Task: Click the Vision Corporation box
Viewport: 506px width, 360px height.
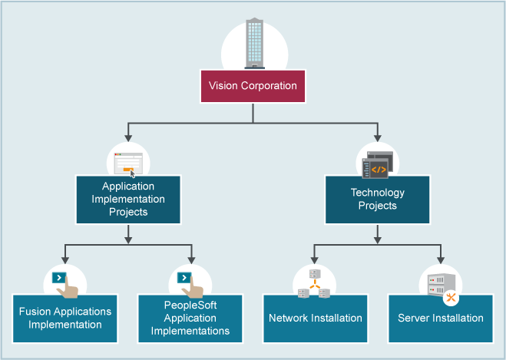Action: pos(253,86)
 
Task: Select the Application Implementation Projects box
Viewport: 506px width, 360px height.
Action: pos(128,199)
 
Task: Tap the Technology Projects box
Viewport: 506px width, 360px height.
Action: pos(377,199)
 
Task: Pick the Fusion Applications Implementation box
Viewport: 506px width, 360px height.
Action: pos(65,318)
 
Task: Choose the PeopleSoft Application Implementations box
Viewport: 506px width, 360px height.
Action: pos(190,318)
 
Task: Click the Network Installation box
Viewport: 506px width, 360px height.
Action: pos(315,318)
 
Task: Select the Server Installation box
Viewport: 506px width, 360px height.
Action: pos(440,318)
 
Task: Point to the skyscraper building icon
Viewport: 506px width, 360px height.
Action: pos(253,43)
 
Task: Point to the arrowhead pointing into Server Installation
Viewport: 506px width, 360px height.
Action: pos(440,259)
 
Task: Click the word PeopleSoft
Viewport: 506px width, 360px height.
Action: pos(190,306)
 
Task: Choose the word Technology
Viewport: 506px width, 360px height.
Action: pos(377,193)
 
